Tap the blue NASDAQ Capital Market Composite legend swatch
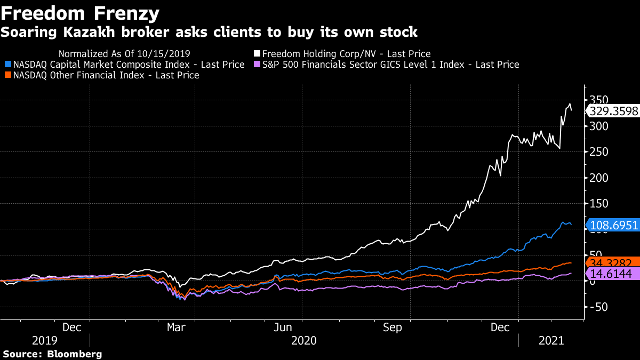coord(7,65)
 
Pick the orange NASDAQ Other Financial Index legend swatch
coord(7,76)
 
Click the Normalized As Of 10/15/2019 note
coord(124,54)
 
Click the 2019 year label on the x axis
coord(45,340)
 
